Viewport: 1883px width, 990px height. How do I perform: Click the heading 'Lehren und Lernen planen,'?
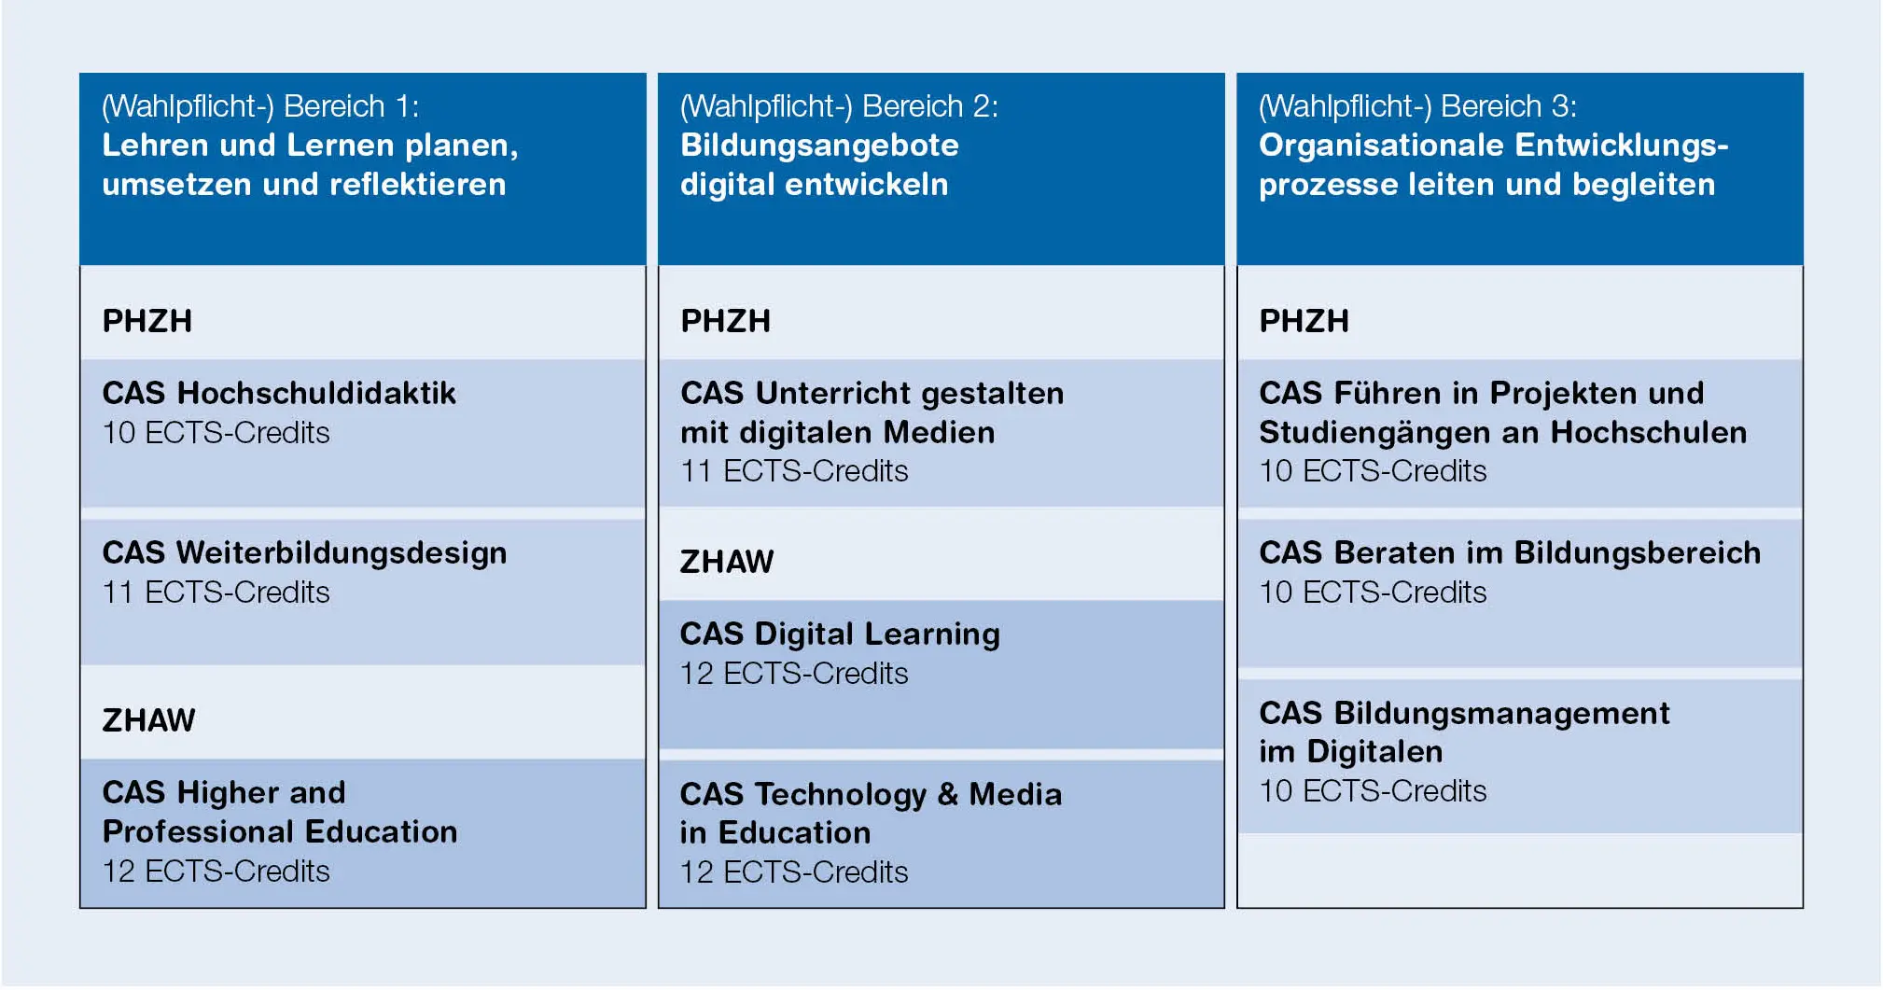pos(310,146)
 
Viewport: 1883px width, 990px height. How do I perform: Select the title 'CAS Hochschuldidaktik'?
pos(279,393)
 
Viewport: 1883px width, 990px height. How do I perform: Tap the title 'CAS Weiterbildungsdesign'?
pos(304,553)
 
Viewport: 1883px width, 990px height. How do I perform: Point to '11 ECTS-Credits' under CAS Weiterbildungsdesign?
pos(216,593)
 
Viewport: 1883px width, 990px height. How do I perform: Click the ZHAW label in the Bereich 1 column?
pos(148,720)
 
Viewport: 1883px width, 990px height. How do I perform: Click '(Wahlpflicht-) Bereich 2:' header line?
pos(839,106)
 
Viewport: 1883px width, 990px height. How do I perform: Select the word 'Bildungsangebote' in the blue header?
pos(819,146)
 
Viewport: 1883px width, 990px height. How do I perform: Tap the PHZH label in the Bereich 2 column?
pos(726,321)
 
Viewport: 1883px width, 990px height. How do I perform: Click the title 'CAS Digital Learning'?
pos(840,634)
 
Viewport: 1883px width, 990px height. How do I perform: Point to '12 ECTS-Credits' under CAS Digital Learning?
pos(794,674)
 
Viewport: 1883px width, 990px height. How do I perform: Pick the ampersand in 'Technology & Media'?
pos(948,794)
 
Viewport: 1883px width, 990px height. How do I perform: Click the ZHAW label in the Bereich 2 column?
pos(727,562)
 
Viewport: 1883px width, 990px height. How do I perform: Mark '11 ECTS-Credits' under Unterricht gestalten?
pos(794,471)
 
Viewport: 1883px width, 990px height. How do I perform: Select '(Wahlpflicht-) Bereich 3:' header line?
pos(1417,106)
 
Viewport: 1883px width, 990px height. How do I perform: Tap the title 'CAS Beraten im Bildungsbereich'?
pos(1510,553)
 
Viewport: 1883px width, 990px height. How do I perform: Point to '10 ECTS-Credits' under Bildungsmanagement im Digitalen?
pos(1373,791)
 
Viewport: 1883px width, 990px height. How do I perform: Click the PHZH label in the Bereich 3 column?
pos(1304,321)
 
